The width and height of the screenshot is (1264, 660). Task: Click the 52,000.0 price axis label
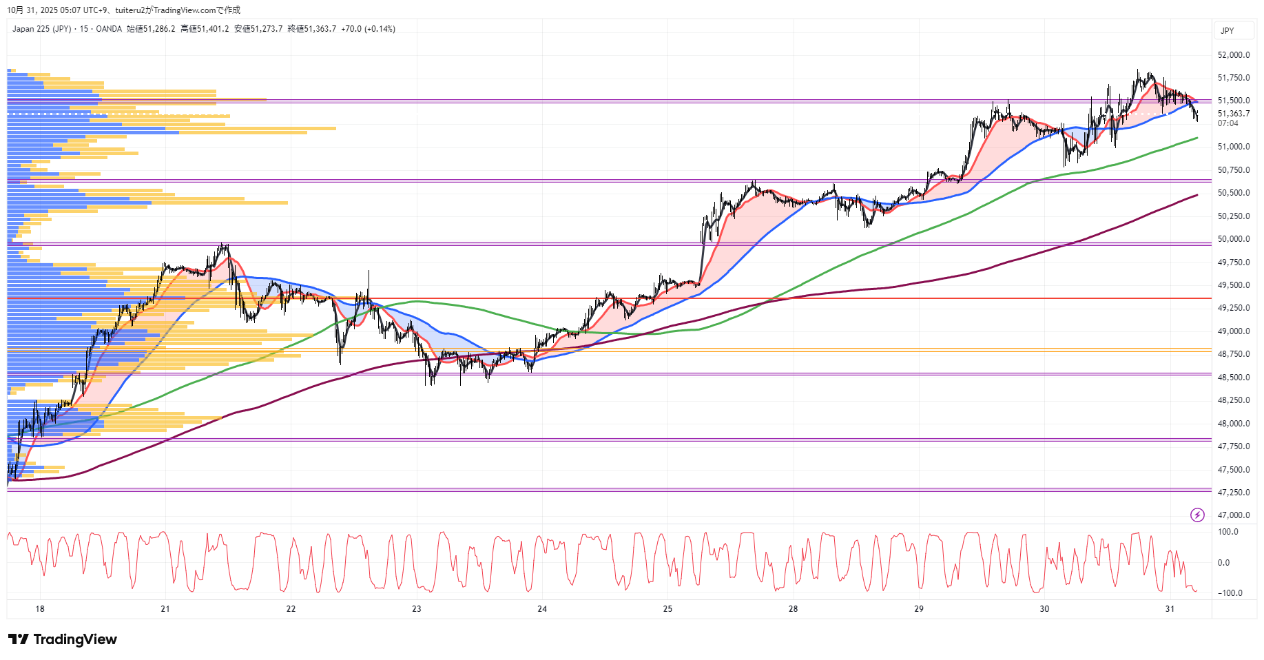point(1233,55)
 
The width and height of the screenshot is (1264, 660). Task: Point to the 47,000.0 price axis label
point(1233,515)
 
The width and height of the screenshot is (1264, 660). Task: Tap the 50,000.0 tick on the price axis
point(1233,239)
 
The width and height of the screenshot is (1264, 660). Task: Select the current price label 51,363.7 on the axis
point(1233,114)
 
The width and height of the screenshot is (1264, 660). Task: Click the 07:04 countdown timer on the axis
point(1227,123)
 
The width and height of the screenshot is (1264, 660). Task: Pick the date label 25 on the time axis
point(667,609)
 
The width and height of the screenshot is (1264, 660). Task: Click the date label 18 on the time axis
point(40,609)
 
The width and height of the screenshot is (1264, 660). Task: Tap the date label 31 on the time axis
point(1170,609)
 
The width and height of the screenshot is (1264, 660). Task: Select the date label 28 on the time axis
point(793,609)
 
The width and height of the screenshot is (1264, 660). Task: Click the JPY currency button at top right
point(1227,31)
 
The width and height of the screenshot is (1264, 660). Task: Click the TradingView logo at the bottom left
point(63,639)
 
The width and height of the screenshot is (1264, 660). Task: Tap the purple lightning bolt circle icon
point(1197,515)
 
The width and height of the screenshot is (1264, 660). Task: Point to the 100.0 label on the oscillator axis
point(1227,532)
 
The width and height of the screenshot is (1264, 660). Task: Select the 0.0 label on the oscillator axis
point(1223,563)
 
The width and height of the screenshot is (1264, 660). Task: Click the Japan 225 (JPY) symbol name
point(41,29)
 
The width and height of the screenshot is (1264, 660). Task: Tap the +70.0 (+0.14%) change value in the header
point(368,29)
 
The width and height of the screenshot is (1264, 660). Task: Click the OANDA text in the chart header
point(109,29)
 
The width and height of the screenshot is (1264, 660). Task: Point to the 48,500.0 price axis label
point(1233,378)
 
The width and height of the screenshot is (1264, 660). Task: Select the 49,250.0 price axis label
point(1233,308)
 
